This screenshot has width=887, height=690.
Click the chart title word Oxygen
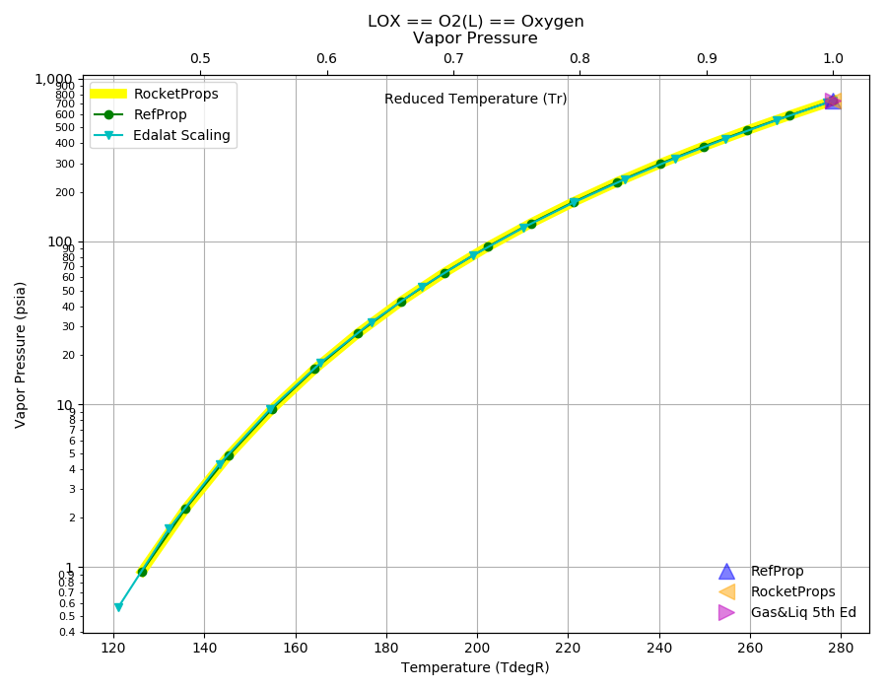(x=552, y=22)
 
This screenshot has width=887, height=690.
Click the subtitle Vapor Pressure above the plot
(x=475, y=37)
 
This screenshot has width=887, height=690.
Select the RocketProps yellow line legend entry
(x=155, y=94)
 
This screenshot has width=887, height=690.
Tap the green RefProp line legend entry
(x=140, y=114)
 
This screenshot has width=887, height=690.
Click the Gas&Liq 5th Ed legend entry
(x=786, y=612)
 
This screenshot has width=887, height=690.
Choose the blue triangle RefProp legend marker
(x=726, y=572)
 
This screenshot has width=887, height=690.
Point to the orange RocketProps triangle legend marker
(x=727, y=592)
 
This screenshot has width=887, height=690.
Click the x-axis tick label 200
(x=477, y=648)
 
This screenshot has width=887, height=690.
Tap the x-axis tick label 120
(x=113, y=648)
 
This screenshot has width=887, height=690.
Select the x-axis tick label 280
(x=841, y=648)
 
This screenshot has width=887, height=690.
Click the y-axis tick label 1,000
(x=53, y=79)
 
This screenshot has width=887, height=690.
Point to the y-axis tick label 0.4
(x=67, y=632)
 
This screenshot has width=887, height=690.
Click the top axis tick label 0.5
(x=200, y=59)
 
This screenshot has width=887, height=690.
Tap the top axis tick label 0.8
(x=580, y=59)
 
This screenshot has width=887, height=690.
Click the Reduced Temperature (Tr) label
(x=475, y=99)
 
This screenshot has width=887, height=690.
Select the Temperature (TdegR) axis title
(x=475, y=668)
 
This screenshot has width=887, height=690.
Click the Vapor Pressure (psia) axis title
(x=20, y=355)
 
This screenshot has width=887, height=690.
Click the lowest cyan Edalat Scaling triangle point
(x=118, y=607)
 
